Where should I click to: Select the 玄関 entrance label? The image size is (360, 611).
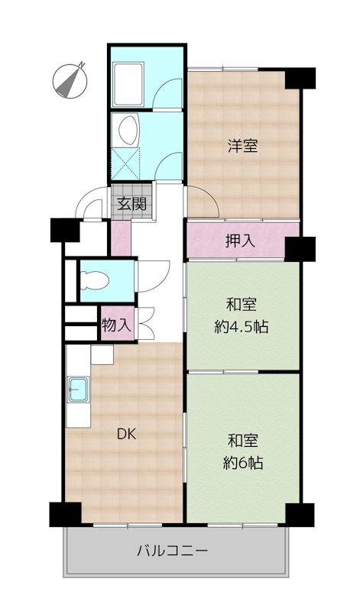pos(131,204)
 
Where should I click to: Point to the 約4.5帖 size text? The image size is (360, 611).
pos(242,328)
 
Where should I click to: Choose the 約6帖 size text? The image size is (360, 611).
pos(242,463)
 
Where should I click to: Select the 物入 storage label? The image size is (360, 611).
pos(116,325)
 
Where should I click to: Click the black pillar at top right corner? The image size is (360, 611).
pos(300,77)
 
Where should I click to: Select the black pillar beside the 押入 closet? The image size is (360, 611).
pos(300,247)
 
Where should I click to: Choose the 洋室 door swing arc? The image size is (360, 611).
pos(203,202)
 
